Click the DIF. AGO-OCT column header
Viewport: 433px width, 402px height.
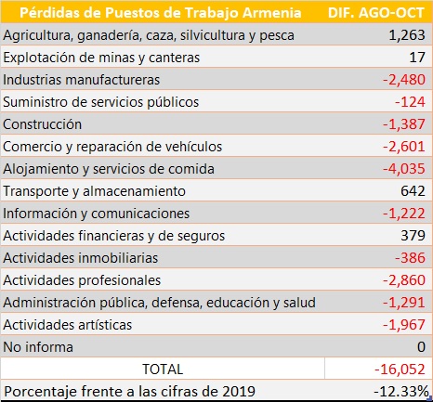[376, 13]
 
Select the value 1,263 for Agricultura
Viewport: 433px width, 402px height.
[407, 35]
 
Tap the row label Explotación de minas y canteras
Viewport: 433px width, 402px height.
[101, 58]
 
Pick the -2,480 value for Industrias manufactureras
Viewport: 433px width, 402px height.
[404, 80]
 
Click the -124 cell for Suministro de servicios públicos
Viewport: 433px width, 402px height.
[410, 102]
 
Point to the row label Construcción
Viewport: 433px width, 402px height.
[43, 124]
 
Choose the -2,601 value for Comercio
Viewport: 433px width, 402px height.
[404, 147]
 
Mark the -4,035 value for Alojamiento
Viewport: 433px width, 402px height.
[404, 169]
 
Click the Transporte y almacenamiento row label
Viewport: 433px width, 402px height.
[95, 191]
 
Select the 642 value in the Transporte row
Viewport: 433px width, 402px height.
[413, 191]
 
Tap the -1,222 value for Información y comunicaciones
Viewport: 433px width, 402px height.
[404, 214]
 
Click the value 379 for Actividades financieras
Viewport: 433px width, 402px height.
[413, 236]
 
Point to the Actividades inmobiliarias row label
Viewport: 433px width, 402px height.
[81, 258]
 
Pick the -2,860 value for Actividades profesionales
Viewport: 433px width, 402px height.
[404, 280]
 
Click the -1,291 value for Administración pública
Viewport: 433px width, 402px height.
[404, 303]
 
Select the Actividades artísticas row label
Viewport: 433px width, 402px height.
[68, 325]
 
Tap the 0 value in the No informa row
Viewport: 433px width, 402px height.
[421, 347]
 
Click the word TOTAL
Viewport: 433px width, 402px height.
[163, 370]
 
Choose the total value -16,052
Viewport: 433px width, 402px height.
[400, 370]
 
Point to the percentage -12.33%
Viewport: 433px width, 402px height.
[401, 392]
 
